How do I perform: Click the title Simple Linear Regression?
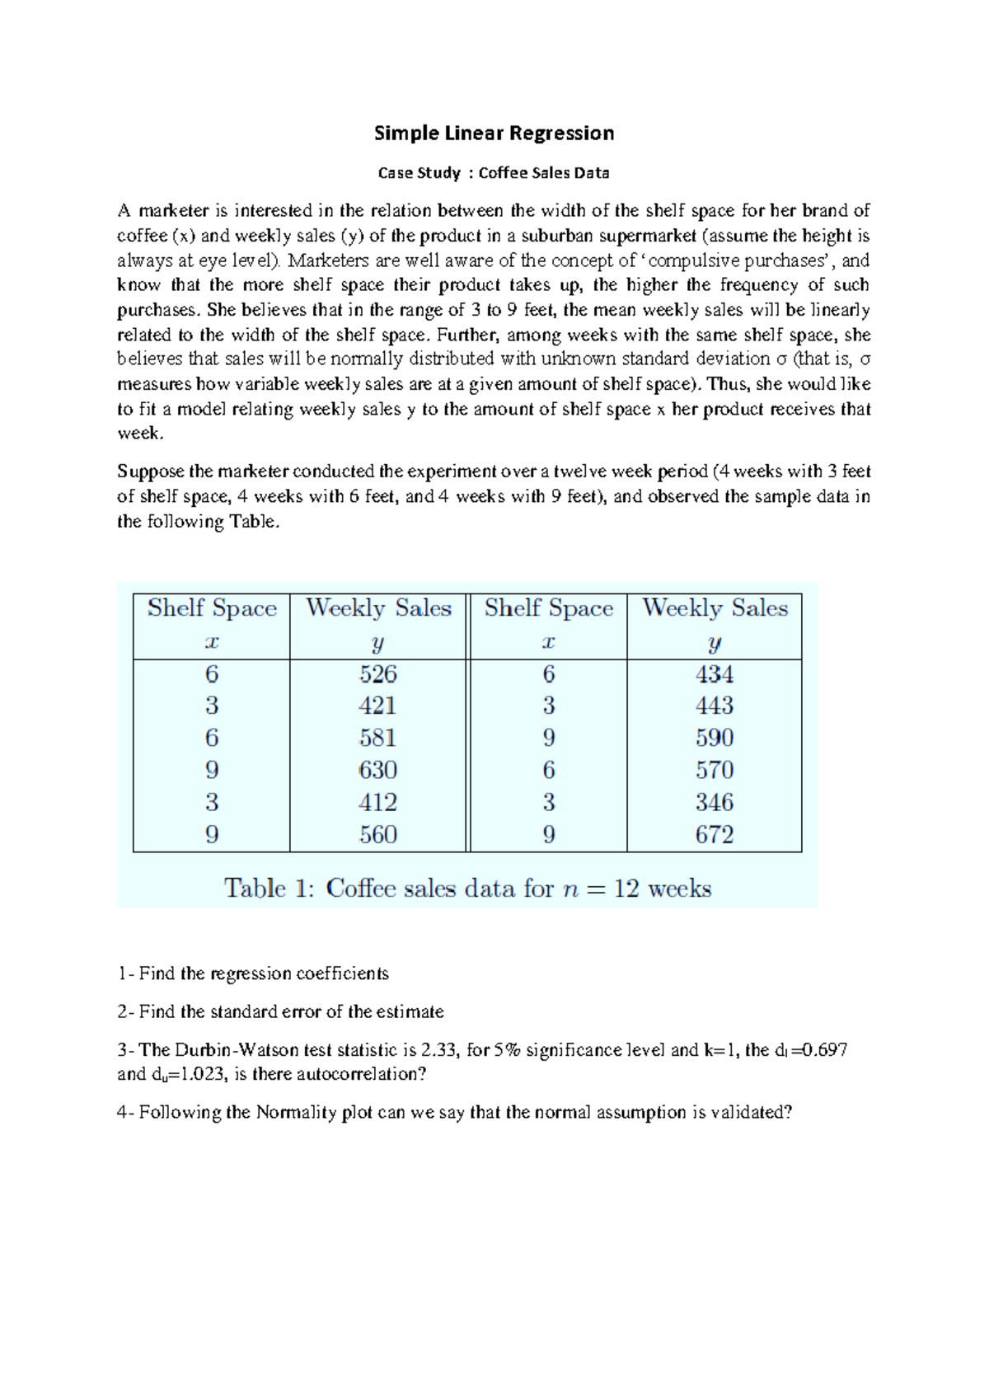(494, 134)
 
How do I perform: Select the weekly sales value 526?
(378, 674)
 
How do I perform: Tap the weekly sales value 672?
(714, 835)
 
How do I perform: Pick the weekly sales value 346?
(714, 803)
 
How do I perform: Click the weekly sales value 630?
(378, 771)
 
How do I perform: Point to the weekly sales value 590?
(714, 739)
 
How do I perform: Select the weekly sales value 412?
(378, 803)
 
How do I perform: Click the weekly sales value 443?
(714, 706)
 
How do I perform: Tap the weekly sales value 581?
(378, 739)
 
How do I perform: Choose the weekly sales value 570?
(714, 771)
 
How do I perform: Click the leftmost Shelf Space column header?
(212, 609)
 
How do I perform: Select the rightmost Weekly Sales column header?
(715, 609)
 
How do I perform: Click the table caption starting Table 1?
(467, 889)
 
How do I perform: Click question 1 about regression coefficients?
(253, 974)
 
